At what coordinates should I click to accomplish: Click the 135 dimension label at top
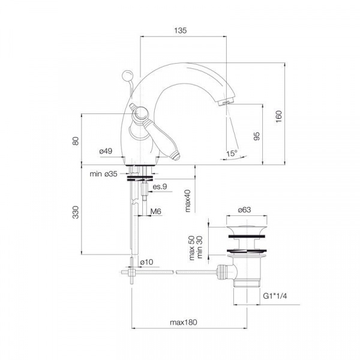pyautogui.click(x=180, y=31)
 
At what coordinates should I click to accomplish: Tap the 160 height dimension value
pyautogui.click(x=278, y=116)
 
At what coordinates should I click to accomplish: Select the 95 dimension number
pyautogui.click(x=257, y=136)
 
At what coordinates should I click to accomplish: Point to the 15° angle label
pyautogui.click(x=232, y=154)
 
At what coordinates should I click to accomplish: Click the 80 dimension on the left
pyautogui.click(x=76, y=141)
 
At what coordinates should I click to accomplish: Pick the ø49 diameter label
pyautogui.click(x=106, y=151)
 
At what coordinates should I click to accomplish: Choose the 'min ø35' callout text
pyautogui.click(x=103, y=174)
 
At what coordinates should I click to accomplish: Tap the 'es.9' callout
pyautogui.click(x=160, y=187)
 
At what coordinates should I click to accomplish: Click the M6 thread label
pyautogui.click(x=155, y=211)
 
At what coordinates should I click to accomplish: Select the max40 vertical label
pyautogui.click(x=188, y=200)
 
